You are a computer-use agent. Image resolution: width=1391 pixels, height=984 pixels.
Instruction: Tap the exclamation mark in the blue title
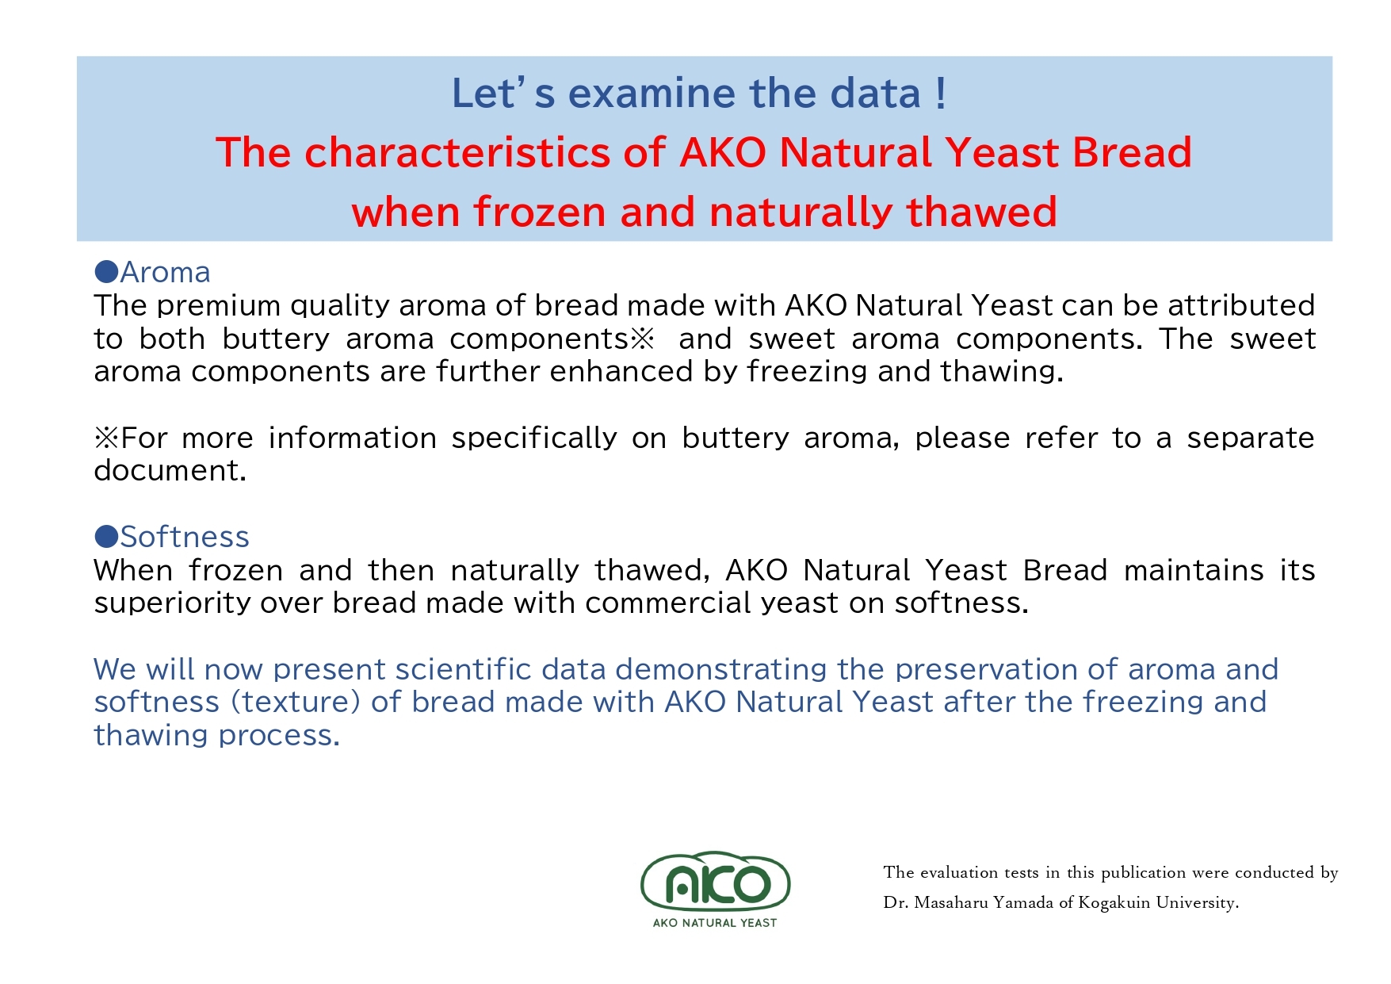[940, 94]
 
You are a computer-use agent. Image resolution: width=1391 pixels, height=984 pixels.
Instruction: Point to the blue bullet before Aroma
[106, 272]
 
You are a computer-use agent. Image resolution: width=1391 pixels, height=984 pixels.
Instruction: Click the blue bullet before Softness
[106, 537]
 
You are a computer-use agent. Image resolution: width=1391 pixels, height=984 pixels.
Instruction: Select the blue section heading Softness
[185, 537]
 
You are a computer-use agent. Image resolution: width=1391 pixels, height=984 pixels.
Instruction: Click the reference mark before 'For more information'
[106, 438]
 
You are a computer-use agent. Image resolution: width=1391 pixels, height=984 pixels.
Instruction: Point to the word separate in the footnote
[1251, 438]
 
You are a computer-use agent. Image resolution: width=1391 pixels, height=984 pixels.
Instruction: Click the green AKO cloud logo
[715, 881]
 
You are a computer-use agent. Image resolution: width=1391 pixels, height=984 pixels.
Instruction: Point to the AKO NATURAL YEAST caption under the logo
[715, 923]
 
